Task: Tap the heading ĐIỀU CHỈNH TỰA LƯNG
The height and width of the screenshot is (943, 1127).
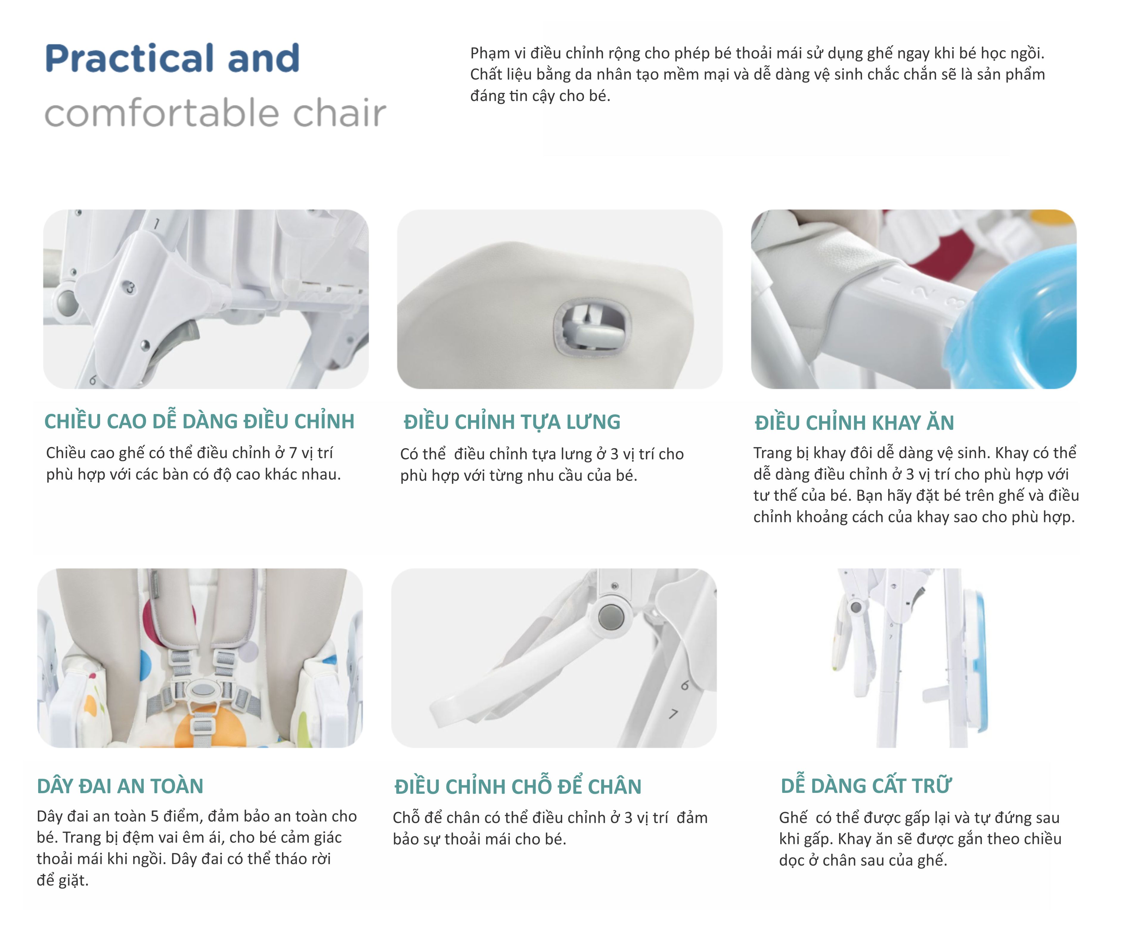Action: click(512, 422)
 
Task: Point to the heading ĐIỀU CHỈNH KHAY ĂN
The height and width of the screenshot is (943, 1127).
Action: click(854, 423)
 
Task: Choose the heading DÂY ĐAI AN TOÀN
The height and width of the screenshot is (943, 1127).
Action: click(120, 786)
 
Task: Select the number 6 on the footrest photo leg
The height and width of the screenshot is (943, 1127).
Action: click(685, 685)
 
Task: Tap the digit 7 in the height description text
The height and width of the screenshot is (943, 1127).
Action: click(293, 453)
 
